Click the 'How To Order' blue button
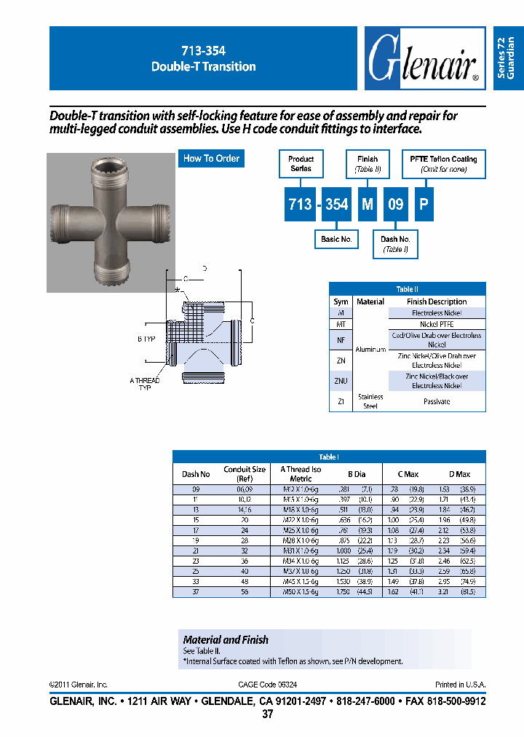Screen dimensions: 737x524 (x=211, y=159)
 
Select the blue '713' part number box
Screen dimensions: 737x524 (x=300, y=205)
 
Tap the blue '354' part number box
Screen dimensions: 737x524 (x=336, y=205)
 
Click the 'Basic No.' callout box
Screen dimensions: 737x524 (x=336, y=239)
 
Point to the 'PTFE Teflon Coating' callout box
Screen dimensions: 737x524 (x=442, y=164)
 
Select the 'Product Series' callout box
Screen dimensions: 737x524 (x=301, y=164)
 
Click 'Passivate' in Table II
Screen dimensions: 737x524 (x=437, y=402)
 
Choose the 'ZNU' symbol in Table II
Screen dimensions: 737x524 (x=341, y=381)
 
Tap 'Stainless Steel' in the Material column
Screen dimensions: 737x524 (x=370, y=401)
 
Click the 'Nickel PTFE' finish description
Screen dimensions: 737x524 (x=437, y=323)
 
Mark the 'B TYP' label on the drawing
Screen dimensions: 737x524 (x=146, y=339)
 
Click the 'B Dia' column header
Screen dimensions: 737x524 (x=357, y=474)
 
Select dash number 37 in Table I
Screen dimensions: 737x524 (x=195, y=593)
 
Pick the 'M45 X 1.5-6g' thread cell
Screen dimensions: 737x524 (x=301, y=583)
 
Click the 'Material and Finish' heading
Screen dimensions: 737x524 (x=226, y=639)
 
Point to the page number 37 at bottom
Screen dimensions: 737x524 (x=267, y=714)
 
